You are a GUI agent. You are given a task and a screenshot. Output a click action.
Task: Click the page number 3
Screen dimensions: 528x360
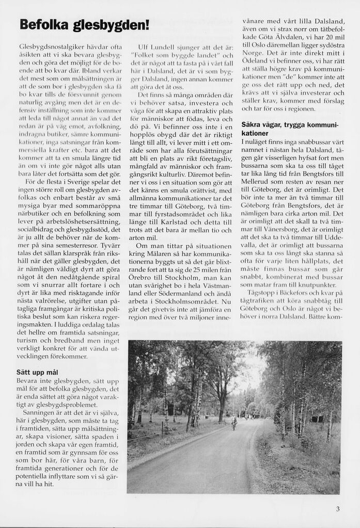[x=338, y=508]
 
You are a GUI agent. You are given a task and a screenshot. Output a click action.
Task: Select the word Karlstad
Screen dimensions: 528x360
[x=170, y=212]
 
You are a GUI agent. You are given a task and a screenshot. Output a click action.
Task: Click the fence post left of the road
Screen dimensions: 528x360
[x=162, y=428]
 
